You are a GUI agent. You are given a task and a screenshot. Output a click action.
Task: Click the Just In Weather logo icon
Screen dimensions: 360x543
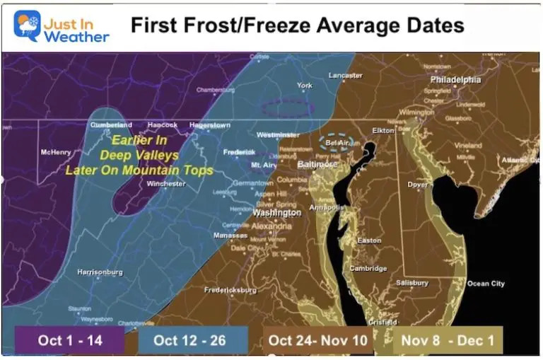[27, 25]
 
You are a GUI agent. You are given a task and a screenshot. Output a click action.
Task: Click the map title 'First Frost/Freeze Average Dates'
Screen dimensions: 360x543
[297, 26]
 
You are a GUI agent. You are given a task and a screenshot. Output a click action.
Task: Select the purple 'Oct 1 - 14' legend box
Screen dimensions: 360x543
[70, 340]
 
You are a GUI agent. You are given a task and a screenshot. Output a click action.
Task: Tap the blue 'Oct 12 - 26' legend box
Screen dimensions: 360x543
[189, 340]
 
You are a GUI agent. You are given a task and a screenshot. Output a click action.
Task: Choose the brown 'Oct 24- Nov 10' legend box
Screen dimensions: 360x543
[318, 340]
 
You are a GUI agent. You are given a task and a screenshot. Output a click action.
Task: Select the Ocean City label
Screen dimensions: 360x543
[486, 284]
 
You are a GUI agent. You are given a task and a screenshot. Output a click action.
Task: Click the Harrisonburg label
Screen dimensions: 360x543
[100, 272]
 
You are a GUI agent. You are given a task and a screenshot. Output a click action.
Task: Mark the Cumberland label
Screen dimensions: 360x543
[111, 125]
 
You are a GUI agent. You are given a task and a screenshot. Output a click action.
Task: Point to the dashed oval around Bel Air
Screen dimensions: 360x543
[337, 142]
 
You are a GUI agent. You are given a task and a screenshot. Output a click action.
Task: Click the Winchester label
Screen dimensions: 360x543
[166, 184]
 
